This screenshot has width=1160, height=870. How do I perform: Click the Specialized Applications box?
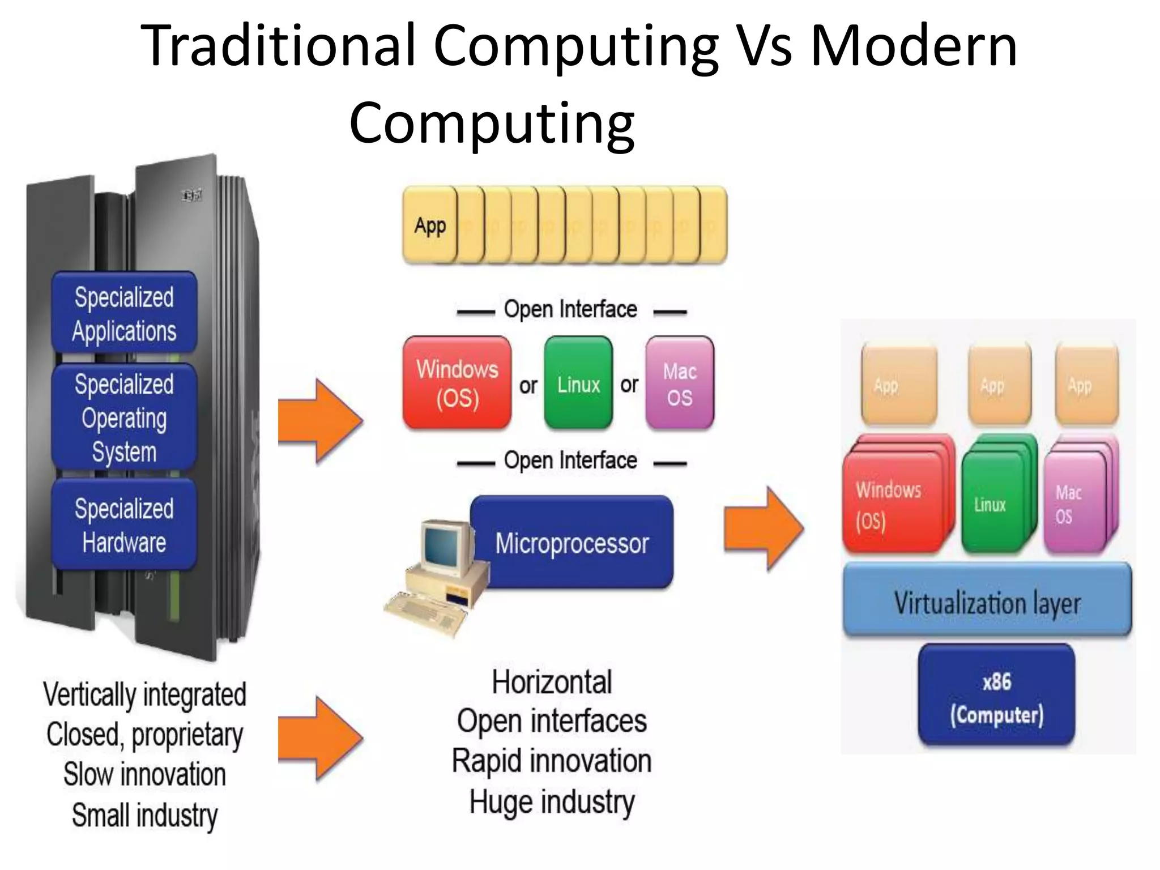(124, 313)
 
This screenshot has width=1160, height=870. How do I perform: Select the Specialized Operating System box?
(124, 417)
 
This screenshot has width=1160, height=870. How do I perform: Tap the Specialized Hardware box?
(124, 524)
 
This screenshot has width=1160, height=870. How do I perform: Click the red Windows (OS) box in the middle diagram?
(457, 383)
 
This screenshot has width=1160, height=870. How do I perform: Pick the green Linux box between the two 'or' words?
(578, 383)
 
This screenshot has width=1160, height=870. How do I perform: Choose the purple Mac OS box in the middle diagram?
(679, 383)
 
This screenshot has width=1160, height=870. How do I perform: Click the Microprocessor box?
(572, 542)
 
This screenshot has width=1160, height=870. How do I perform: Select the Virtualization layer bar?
(987, 602)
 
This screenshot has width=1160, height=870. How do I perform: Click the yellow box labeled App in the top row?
(430, 225)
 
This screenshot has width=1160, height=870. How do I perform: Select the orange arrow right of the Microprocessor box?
(764, 528)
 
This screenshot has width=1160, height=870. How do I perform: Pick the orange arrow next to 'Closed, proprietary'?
(319, 739)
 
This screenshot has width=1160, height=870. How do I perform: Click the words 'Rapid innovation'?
(552, 761)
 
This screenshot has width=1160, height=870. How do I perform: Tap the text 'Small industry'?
(144, 815)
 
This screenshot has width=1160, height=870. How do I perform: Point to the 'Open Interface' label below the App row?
(570, 310)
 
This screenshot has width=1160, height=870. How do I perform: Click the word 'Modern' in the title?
(913, 46)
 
